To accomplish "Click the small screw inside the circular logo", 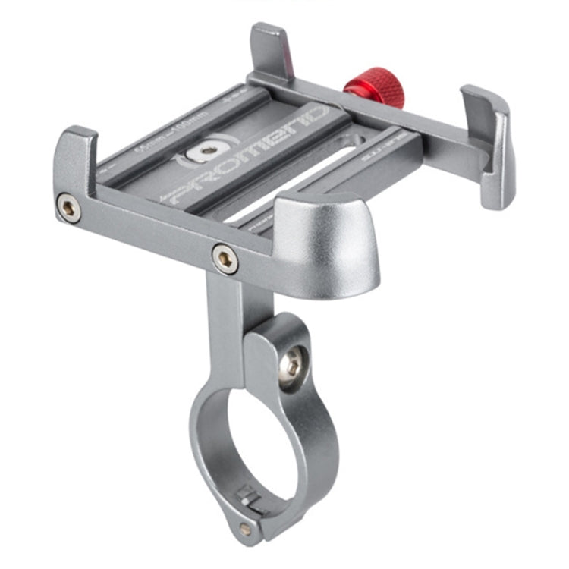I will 204,150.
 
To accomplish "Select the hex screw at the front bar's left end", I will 68,207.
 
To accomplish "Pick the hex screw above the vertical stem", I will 225,259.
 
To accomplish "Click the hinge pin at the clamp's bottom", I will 244,527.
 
